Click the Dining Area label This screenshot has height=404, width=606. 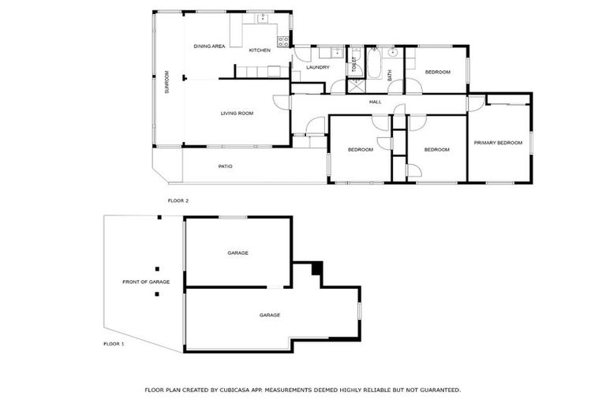click(x=210, y=47)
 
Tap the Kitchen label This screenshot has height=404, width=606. click(x=260, y=50)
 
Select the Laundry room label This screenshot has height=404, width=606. click(x=306, y=67)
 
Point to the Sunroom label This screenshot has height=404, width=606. click(x=166, y=83)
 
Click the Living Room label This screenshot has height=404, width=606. click(x=237, y=114)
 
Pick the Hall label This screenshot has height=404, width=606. click(x=376, y=102)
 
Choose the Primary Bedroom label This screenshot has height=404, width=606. click(x=498, y=143)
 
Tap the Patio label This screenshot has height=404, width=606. click(x=226, y=166)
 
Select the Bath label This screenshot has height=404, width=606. click(x=390, y=75)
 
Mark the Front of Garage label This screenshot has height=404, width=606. click(x=146, y=282)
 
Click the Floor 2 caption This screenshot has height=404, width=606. click(x=178, y=200)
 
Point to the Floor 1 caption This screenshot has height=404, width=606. click(x=114, y=344)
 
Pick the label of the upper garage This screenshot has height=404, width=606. click(x=238, y=252)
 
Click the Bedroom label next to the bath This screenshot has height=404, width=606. click(x=437, y=72)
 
